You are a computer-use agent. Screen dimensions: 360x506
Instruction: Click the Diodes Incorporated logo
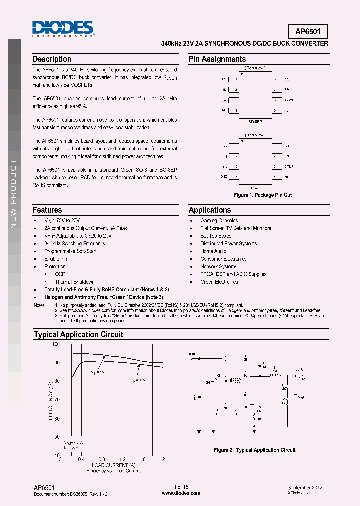63,29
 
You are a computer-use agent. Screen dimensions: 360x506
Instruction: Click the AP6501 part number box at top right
308,31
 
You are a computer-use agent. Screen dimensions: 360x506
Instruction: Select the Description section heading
52,59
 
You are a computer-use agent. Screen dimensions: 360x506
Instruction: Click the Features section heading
47,210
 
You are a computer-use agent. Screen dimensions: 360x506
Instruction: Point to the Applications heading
210,210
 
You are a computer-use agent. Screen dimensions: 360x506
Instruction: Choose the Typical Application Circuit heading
78,335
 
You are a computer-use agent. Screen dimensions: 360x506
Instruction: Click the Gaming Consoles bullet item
219,220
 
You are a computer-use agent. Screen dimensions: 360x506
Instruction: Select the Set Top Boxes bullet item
216,236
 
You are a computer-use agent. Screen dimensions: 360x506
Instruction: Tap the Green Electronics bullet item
219,282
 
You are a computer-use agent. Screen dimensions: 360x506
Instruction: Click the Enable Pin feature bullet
56,259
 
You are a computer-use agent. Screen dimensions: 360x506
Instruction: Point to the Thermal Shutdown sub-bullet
75,282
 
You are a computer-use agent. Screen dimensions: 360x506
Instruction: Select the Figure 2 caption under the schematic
255,450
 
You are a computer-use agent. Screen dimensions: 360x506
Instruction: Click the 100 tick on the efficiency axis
56,345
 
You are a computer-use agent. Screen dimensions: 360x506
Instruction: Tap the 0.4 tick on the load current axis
81,459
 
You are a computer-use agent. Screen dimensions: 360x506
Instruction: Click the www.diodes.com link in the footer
181,493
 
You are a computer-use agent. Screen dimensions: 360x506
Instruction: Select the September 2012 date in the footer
305,487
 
